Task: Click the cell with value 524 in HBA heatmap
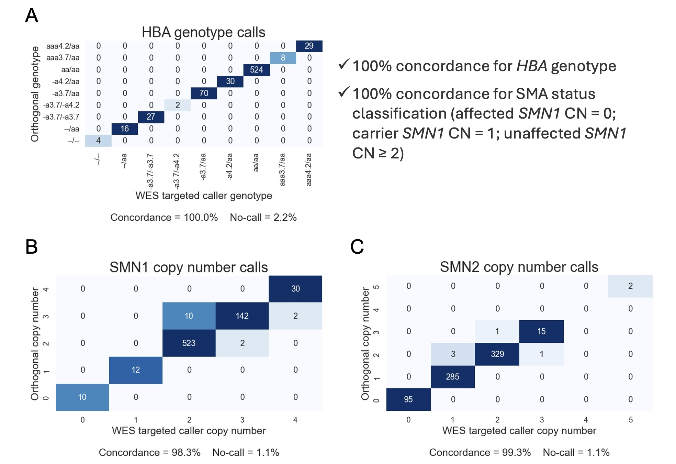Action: pos(256,70)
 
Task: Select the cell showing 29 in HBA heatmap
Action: pos(309,46)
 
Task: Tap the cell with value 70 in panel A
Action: pos(204,93)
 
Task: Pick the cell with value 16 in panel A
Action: pos(125,129)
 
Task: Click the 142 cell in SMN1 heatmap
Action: pos(242,316)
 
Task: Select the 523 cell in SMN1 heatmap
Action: pos(189,343)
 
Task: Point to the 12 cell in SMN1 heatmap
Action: pos(136,370)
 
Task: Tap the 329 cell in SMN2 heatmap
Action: pos(497,354)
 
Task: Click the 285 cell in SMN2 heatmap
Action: pos(452,377)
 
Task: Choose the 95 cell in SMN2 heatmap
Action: pos(408,399)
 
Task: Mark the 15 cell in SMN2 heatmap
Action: pos(541,331)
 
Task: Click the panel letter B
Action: pos(32,247)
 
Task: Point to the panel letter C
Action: pos(357,247)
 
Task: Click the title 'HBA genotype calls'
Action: pos(203,32)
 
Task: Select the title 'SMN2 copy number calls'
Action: pos(519,267)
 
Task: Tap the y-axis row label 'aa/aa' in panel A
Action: pos(70,70)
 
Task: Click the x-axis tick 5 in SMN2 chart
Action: pos(630,420)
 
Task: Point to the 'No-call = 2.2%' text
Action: pos(263,217)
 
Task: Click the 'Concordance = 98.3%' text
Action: pos(149,452)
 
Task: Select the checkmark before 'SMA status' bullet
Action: pos(344,92)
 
